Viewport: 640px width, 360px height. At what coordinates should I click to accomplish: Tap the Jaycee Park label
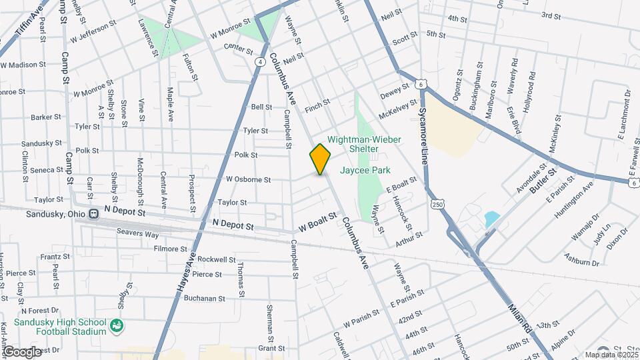(x=365, y=171)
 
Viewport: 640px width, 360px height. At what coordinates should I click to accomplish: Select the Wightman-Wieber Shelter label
(x=364, y=144)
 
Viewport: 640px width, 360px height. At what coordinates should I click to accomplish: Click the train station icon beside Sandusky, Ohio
(x=94, y=214)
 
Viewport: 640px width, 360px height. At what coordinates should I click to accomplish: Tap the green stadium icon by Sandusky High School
(x=117, y=326)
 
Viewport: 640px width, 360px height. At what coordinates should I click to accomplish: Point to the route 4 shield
(x=259, y=61)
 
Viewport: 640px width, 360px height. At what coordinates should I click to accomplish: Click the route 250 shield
(x=437, y=203)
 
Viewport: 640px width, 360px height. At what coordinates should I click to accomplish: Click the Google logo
(x=22, y=351)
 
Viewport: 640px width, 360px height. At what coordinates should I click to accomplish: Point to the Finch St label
(x=317, y=104)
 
